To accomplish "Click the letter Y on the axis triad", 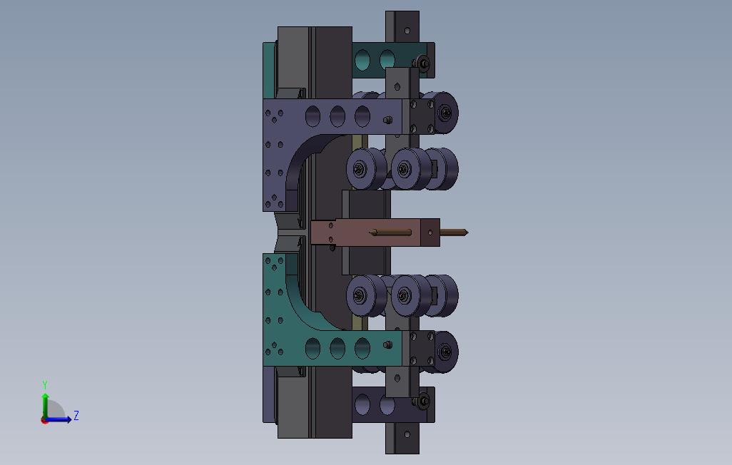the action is coord(45,384).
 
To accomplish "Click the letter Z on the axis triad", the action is coord(76,415).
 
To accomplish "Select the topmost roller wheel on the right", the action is coord(444,113).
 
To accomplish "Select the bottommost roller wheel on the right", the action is coord(444,352).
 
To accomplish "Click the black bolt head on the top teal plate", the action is coord(423,63).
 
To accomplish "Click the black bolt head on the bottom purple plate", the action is coord(423,401).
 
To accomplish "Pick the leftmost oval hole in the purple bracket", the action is coord(312,116).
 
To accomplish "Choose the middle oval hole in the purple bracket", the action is coord(337,116).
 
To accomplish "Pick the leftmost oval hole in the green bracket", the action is coord(312,348).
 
